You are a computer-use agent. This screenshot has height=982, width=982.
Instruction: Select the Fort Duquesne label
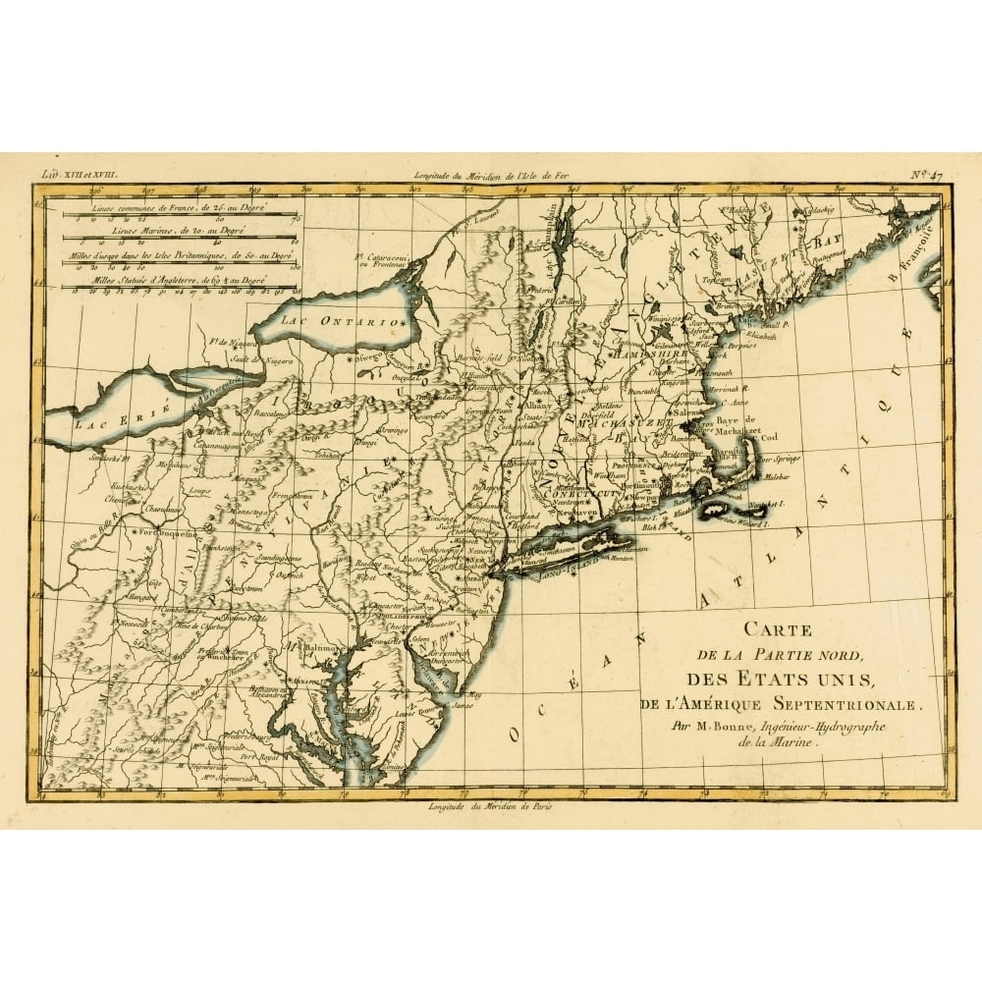click(x=164, y=532)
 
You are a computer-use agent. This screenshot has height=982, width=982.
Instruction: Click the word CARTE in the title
click(x=776, y=630)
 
